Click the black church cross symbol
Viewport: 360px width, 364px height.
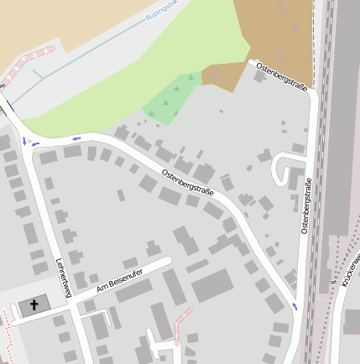(34, 305)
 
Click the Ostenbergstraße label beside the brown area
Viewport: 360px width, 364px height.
(281, 76)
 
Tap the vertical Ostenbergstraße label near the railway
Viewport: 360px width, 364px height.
(307, 205)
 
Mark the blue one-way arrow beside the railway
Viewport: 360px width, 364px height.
(295, 306)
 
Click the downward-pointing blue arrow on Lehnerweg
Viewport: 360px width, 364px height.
(24, 141)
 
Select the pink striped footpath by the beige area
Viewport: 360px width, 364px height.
(29, 60)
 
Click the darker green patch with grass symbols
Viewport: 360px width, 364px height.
(172, 100)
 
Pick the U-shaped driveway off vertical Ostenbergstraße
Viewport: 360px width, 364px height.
(286, 168)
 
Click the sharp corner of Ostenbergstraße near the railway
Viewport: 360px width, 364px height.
(312, 94)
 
